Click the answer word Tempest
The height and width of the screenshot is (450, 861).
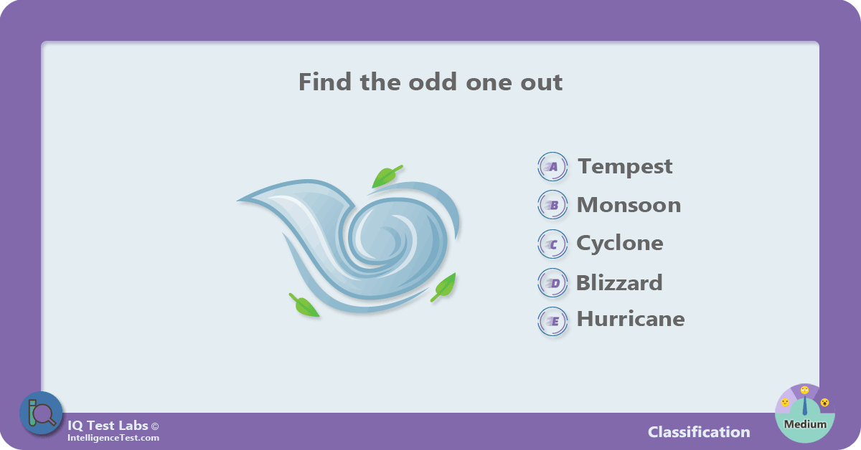click(x=625, y=167)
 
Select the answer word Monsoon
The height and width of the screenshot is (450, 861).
click(x=629, y=205)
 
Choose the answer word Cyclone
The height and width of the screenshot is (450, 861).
click(x=620, y=244)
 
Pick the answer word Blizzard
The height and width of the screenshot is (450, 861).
click(x=619, y=282)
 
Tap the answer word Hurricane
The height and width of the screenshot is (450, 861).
click(x=631, y=319)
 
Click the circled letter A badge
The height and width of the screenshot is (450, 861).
click(x=552, y=167)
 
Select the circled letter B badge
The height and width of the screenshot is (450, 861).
click(x=552, y=205)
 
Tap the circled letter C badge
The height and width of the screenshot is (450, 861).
click(x=552, y=244)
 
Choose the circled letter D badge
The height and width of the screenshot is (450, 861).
click(x=552, y=283)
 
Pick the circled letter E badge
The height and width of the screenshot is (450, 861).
click(x=552, y=321)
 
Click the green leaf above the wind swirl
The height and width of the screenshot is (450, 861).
click(x=385, y=176)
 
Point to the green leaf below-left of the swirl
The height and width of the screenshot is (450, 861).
click(x=304, y=306)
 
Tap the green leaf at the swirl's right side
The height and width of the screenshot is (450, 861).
click(x=445, y=287)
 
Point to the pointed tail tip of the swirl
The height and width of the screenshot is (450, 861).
click(x=238, y=200)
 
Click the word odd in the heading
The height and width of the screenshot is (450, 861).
click(x=433, y=82)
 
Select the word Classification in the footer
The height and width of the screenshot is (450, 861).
click(x=699, y=432)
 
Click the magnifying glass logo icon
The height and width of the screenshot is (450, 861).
click(x=41, y=413)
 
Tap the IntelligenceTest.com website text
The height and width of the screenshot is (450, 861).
click(x=113, y=438)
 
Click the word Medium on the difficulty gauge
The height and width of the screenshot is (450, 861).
click(x=805, y=424)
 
